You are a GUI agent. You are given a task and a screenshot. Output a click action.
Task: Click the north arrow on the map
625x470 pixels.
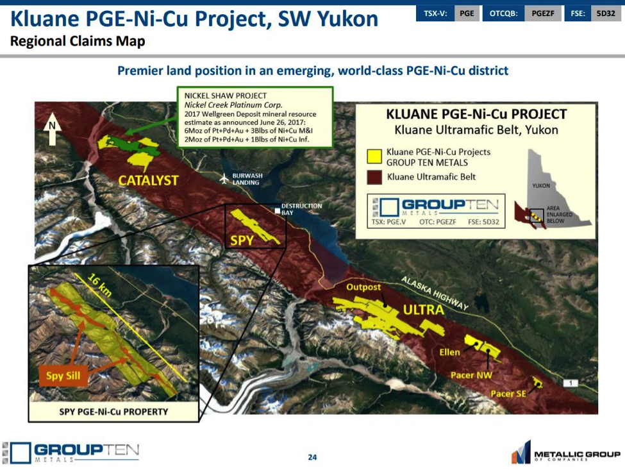tap(52, 128)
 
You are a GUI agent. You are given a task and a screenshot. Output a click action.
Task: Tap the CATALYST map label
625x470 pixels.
tap(148, 181)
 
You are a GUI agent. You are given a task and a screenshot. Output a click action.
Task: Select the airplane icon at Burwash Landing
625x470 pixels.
tap(224, 179)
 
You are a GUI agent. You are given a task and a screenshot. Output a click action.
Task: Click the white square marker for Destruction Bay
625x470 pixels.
tap(278, 210)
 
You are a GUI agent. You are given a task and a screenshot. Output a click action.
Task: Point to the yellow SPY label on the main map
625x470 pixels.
tap(242, 240)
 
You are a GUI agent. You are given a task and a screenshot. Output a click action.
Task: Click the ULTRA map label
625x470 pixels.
tap(423, 310)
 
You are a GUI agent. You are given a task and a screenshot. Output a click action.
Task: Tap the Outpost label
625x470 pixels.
tap(363, 287)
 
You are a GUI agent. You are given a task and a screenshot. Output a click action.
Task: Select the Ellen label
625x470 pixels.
tap(449, 352)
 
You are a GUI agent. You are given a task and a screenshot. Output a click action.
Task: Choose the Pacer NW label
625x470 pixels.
tap(471, 375)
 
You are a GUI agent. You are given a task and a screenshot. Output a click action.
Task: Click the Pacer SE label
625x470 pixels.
tap(508, 394)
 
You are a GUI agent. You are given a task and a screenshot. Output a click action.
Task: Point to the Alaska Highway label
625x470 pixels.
tap(435, 293)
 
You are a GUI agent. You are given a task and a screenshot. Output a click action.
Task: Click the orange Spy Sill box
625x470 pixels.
tap(63, 376)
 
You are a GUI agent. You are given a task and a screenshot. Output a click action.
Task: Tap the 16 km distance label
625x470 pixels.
tap(99, 285)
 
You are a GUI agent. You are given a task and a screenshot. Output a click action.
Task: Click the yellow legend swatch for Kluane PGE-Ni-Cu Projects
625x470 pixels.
tap(374, 156)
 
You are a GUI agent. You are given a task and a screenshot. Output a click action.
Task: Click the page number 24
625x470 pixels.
tap(312, 457)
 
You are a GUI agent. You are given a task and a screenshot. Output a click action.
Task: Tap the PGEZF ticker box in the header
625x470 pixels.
tap(543, 13)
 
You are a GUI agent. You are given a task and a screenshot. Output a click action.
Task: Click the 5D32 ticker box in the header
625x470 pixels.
tap(606, 13)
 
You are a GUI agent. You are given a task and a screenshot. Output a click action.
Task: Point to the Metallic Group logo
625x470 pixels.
tap(566, 453)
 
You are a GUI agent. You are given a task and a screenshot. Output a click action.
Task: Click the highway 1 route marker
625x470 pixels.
tap(571, 383)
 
